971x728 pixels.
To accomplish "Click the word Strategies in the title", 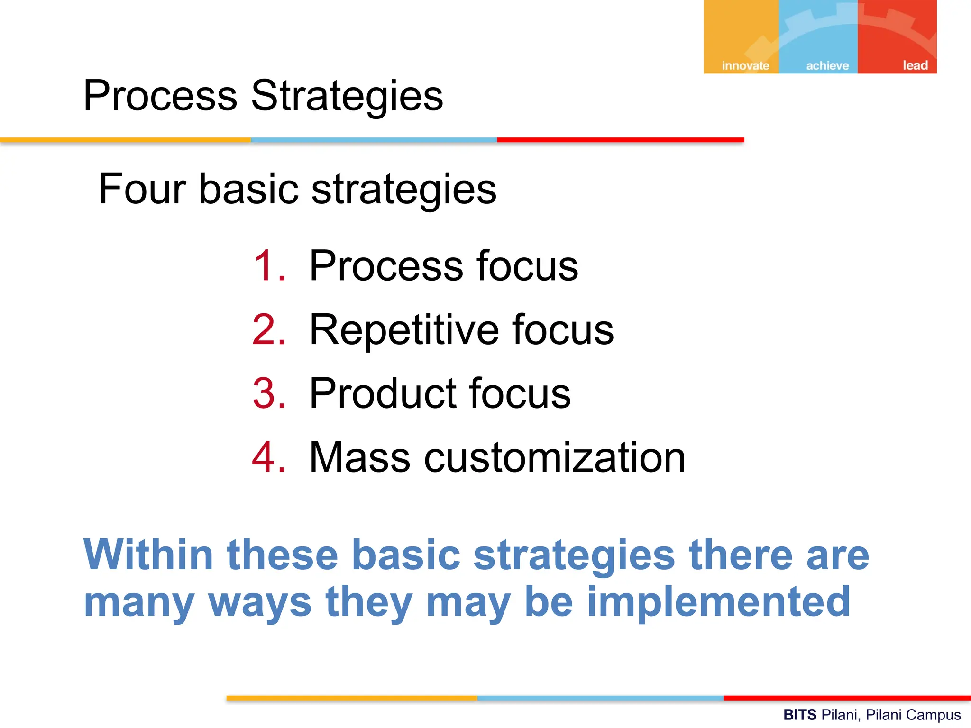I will click(347, 96).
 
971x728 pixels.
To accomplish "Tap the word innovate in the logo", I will click(745, 65).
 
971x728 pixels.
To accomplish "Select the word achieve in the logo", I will click(827, 65).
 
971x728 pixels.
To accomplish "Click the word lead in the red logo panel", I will click(915, 65).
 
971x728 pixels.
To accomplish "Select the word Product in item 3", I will click(383, 393).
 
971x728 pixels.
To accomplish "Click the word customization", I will click(554, 457).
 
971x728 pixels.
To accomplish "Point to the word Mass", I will click(359, 457).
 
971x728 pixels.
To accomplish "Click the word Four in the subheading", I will click(142, 189).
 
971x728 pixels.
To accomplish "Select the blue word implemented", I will click(718, 602).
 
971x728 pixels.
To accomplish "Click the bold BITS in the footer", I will click(799, 714).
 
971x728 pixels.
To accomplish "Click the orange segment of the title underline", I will click(125, 140).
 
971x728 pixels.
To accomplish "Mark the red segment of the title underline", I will click(620, 140).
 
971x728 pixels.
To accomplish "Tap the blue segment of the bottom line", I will click(600, 698).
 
